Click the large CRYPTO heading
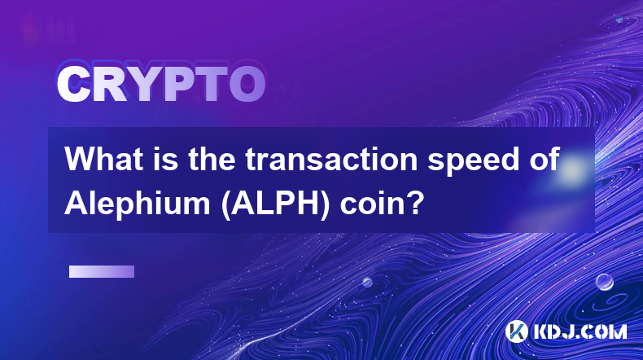click(x=161, y=85)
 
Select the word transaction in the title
click(x=331, y=159)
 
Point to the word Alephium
click(x=138, y=203)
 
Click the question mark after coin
click(x=415, y=203)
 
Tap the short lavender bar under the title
click(x=102, y=271)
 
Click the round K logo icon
click(x=516, y=331)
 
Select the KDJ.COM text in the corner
click(x=580, y=331)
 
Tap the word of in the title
click(x=540, y=159)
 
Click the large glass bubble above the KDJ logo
click(x=604, y=282)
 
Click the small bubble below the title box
click(x=367, y=282)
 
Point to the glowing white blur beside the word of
click(x=572, y=169)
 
